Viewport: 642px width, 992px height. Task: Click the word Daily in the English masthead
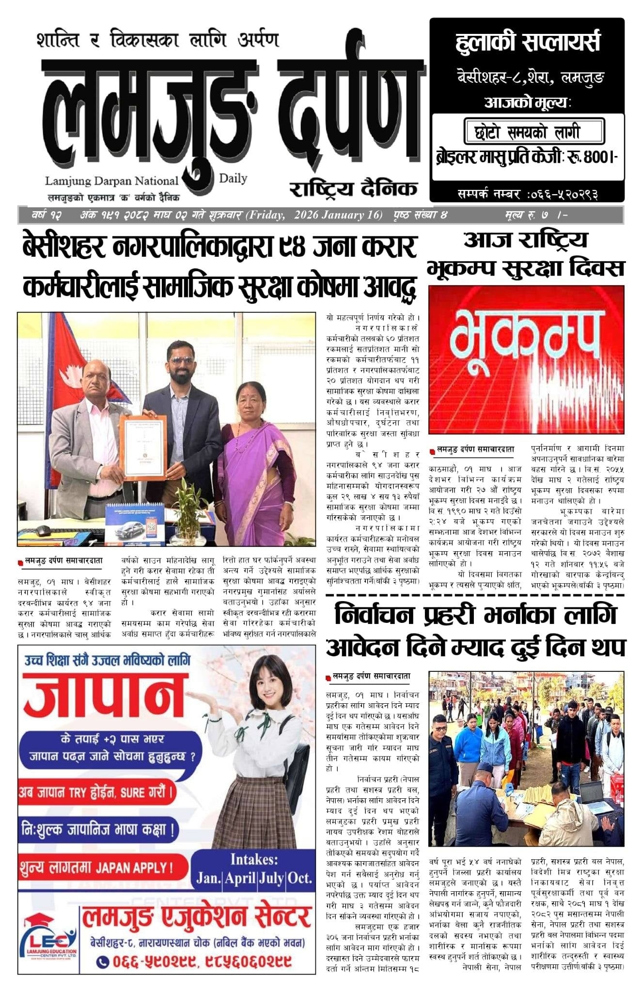point(233,178)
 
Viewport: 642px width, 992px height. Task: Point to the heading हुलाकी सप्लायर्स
point(527,42)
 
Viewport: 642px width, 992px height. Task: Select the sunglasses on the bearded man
point(181,361)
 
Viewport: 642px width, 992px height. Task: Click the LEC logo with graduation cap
point(48,942)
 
